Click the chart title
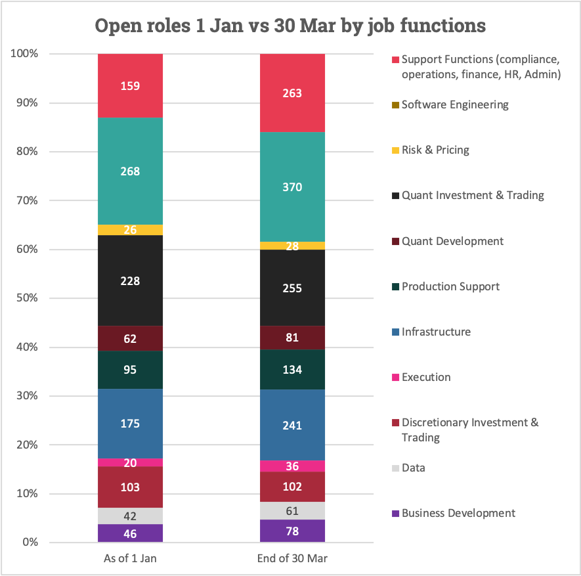click(x=290, y=26)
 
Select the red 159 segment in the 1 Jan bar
click(x=130, y=85)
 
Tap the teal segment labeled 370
click(x=292, y=187)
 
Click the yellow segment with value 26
click(x=130, y=230)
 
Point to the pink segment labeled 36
click(x=292, y=466)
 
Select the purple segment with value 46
click(x=130, y=533)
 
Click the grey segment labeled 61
click(x=292, y=511)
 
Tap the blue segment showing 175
click(x=130, y=424)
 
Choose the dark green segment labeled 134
click(x=292, y=370)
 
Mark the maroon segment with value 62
click(x=130, y=338)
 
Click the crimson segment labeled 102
click(x=292, y=487)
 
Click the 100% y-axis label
click(x=24, y=54)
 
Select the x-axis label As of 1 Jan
click(x=130, y=559)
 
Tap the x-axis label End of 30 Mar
click(x=292, y=559)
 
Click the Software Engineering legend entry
click(x=454, y=104)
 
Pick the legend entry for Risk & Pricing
click(x=435, y=150)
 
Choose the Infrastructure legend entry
click(x=436, y=332)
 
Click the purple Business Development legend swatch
click(x=396, y=514)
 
